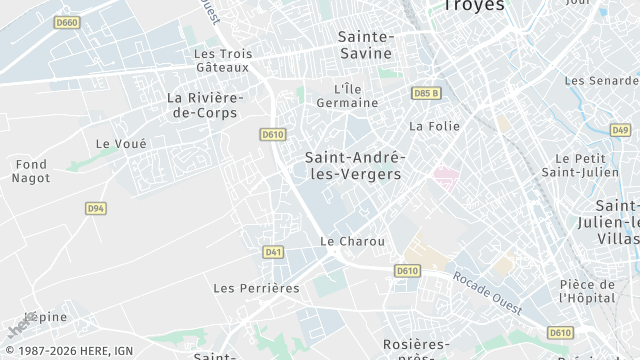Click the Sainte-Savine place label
(365, 44)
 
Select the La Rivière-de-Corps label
(203, 105)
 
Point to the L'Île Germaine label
(347, 95)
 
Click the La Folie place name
(432, 126)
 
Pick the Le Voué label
(121, 144)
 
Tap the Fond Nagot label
(31, 171)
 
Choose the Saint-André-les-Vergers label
(353, 165)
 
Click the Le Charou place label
(345, 241)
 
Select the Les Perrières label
(256, 288)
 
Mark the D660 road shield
(67, 22)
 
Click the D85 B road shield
(426, 93)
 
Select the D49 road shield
(620, 130)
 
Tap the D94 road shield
(95, 208)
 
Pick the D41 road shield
(273, 252)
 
